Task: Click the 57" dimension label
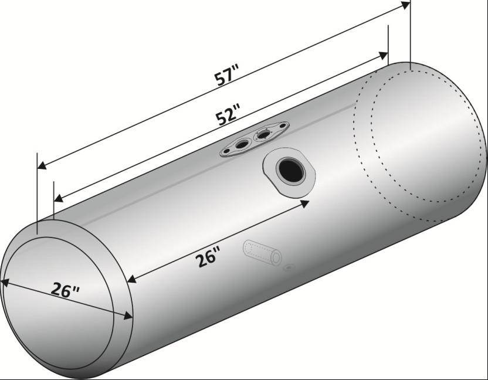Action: point(226,74)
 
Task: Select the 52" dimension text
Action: point(228,114)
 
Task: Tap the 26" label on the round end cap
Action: point(65,290)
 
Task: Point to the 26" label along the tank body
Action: point(208,256)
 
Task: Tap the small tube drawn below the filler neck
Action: point(262,252)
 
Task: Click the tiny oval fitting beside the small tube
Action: point(289,267)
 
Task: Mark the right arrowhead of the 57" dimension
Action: point(405,5)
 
